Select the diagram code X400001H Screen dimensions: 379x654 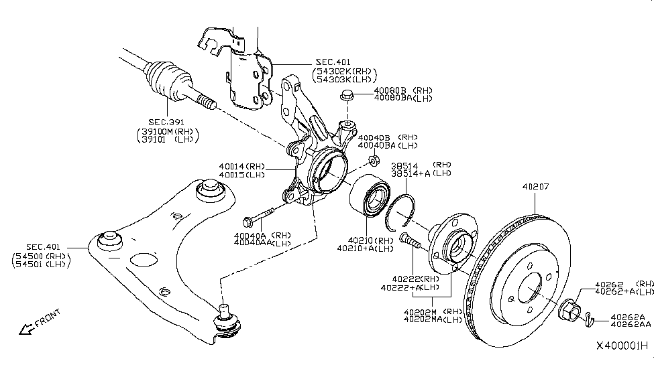pos(622,346)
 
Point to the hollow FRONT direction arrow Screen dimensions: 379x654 pos(27,328)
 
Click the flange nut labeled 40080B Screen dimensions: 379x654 pos(347,95)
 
